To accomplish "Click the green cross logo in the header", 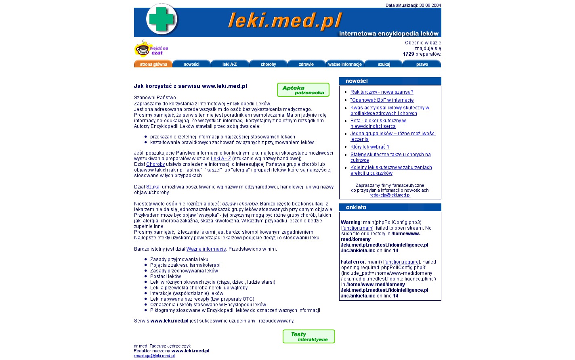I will (161, 19).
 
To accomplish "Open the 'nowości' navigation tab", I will (191, 64).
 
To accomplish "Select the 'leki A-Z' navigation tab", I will (230, 64).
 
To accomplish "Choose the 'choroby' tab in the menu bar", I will (268, 64).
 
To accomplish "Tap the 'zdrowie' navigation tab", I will (306, 64).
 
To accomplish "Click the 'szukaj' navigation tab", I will (384, 64).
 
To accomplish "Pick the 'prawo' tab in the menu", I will (422, 64).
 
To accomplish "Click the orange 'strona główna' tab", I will (153, 64).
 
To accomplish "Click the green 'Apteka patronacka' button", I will (303, 90).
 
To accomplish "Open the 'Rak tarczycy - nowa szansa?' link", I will (382, 92).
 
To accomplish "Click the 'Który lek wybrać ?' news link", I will (370, 147).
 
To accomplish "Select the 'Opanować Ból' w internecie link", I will (382, 100).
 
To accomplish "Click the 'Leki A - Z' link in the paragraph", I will (221, 159).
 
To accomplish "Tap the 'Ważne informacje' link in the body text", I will (206, 249).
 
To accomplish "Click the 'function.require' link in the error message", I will (401, 262).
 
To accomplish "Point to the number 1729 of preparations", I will (408, 54).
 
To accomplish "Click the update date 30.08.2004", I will (430, 5).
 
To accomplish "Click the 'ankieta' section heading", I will (356, 207).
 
